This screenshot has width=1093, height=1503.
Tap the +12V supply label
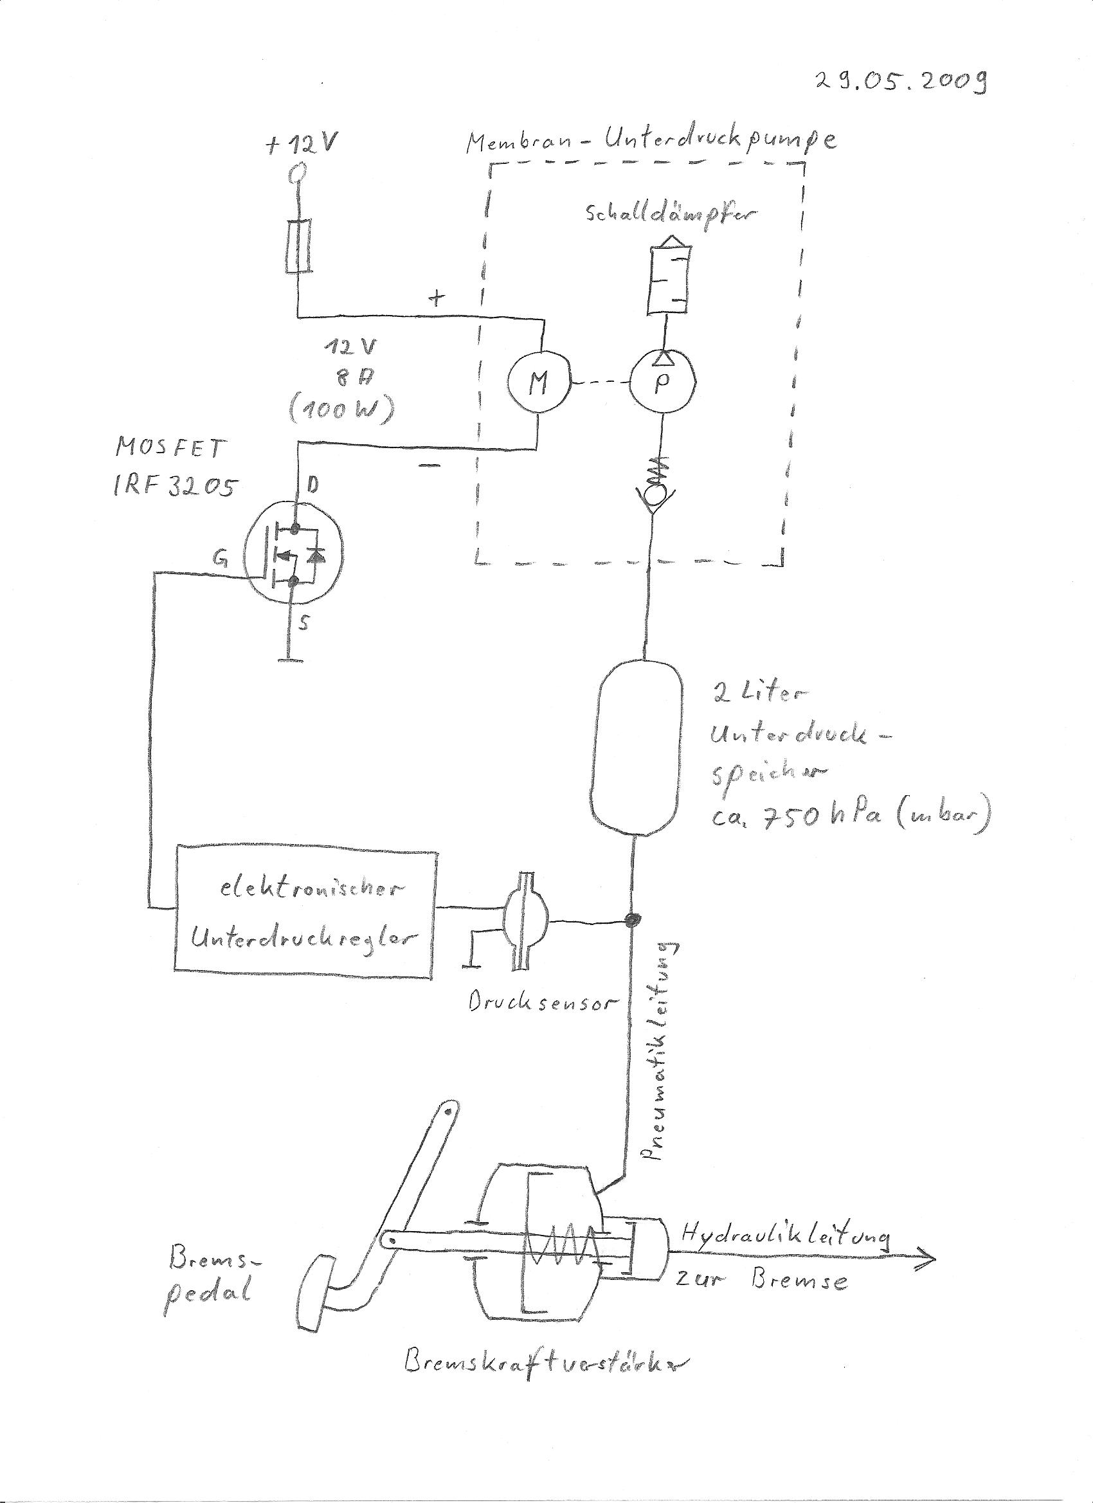pyautogui.click(x=303, y=147)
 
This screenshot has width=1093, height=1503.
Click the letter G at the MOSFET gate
pyautogui.click(x=219, y=560)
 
